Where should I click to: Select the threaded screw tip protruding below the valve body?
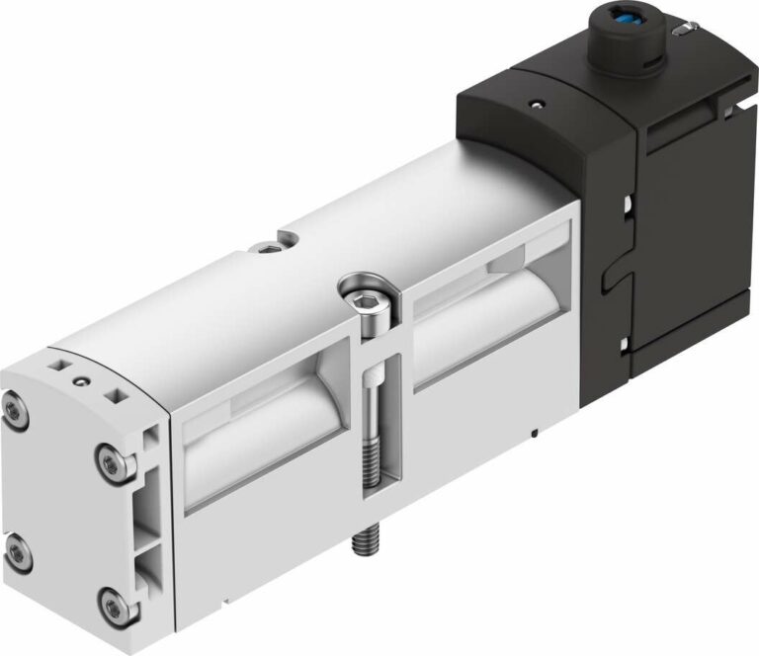click(363, 541)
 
